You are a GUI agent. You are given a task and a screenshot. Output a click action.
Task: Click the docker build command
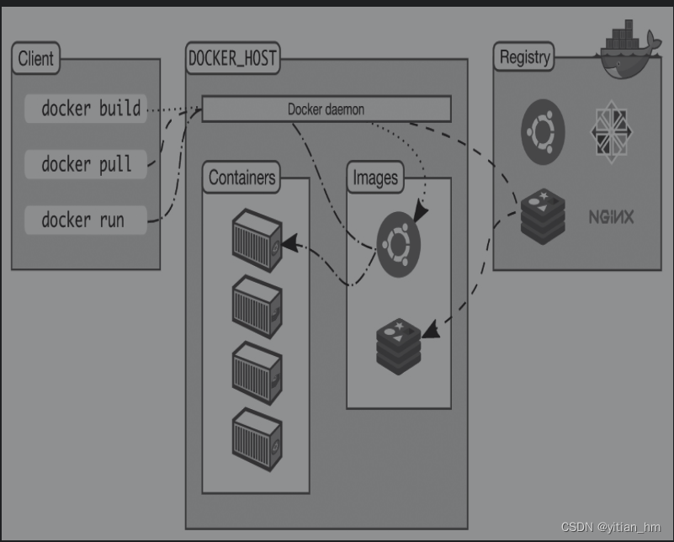coord(91,109)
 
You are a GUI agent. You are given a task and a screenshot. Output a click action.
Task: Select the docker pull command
coord(87,163)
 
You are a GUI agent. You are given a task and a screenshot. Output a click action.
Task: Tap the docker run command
coord(83,220)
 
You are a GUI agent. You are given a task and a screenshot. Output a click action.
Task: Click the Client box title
coord(36,59)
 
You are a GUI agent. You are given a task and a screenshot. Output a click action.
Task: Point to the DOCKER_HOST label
coord(232,59)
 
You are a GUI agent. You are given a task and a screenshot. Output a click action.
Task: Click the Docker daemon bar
coord(326,109)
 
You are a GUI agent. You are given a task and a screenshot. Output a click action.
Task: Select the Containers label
coord(241,178)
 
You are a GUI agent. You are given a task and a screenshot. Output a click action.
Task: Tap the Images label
coord(375,178)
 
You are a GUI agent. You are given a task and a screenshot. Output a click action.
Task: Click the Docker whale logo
coord(629,52)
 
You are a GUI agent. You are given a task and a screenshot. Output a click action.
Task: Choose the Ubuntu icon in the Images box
coord(399,245)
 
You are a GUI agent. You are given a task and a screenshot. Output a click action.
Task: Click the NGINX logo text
coord(611,217)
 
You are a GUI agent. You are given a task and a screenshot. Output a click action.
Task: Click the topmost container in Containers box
coord(257,241)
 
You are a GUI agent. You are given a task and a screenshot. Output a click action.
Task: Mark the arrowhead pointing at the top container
coord(290,243)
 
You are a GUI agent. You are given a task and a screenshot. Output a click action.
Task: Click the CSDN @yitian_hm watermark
coord(611,527)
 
